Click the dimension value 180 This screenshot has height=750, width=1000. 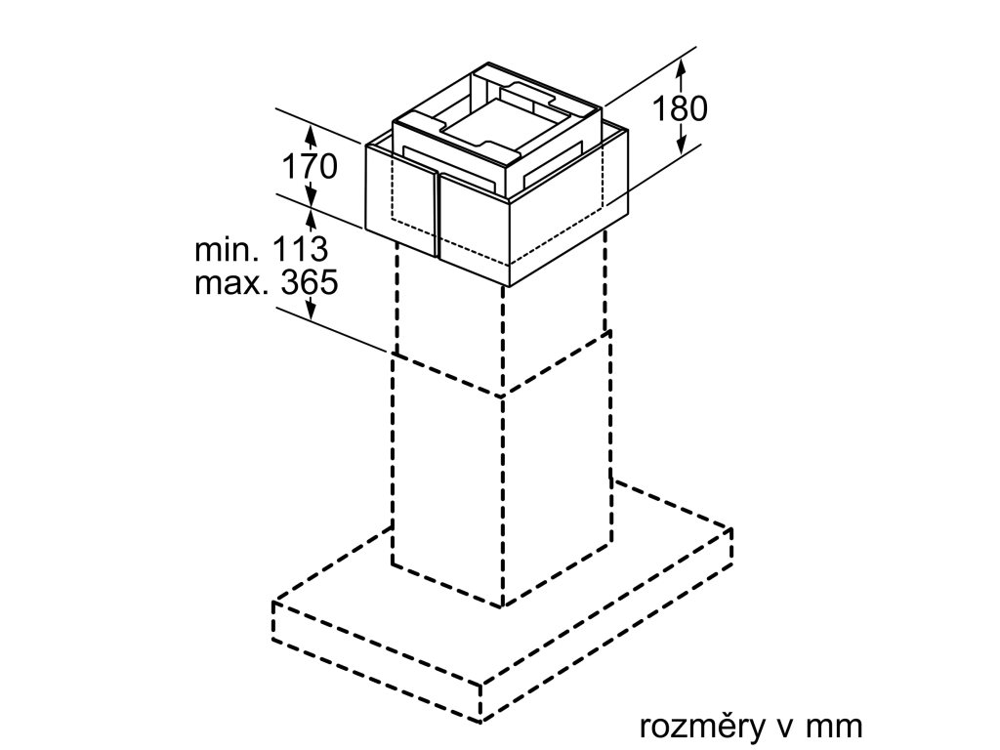[680, 108]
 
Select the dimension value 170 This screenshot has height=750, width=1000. [310, 166]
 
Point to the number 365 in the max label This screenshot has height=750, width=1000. [309, 282]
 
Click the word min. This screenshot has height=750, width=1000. [227, 250]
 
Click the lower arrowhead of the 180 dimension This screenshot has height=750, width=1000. [681, 145]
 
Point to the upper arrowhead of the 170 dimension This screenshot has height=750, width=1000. [311, 134]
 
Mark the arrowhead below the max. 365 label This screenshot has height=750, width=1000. [311, 310]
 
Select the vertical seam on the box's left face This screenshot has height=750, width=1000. [437, 214]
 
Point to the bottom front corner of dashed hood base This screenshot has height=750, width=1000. [480, 723]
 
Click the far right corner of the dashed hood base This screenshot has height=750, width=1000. [730, 529]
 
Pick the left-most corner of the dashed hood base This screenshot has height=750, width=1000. [273, 602]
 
